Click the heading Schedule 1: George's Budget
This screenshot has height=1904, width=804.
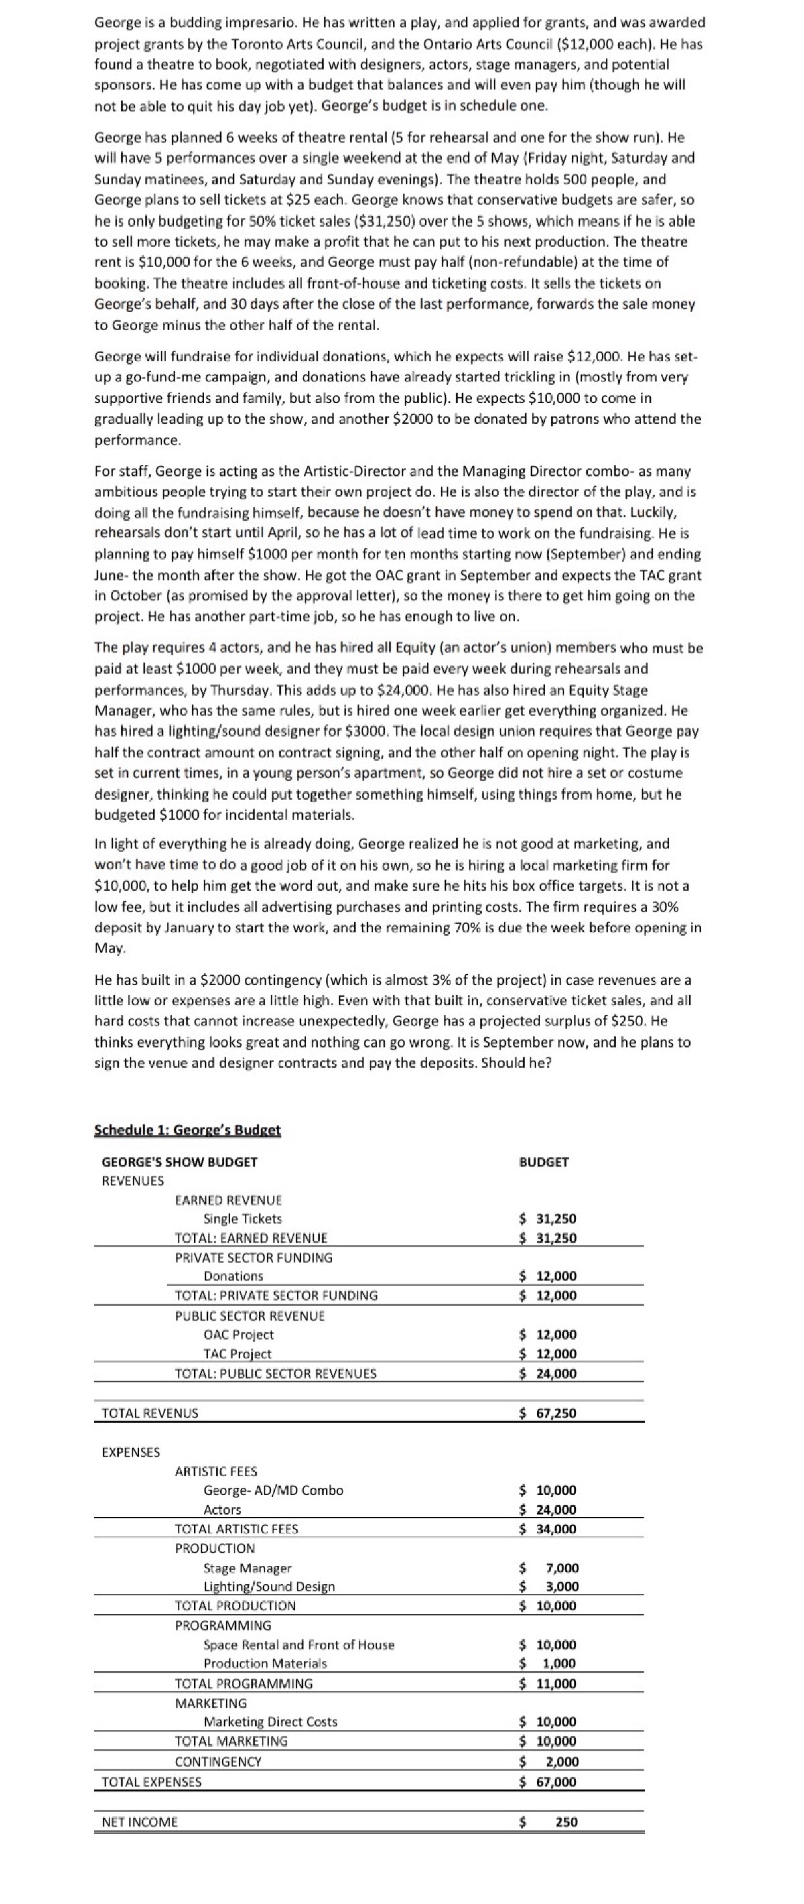click(188, 1129)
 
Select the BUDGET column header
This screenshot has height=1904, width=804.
click(544, 1161)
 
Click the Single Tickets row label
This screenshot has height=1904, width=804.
click(243, 1218)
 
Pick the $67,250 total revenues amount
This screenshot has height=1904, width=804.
click(547, 1413)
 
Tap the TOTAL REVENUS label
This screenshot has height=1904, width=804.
click(150, 1413)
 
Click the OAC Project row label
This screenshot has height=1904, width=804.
click(238, 1334)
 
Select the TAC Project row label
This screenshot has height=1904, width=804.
click(237, 1353)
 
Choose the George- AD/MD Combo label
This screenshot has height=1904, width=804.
click(273, 1490)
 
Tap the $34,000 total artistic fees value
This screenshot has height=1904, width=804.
click(547, 1529)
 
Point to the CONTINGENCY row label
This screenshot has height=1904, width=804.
click(218, 1761)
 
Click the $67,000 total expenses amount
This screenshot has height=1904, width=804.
click(547, 1781)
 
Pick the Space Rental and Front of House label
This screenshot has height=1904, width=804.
click(299, 1645)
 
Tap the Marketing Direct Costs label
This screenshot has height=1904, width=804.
click(271, 1722)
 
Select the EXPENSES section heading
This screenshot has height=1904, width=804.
click(131, 1452)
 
